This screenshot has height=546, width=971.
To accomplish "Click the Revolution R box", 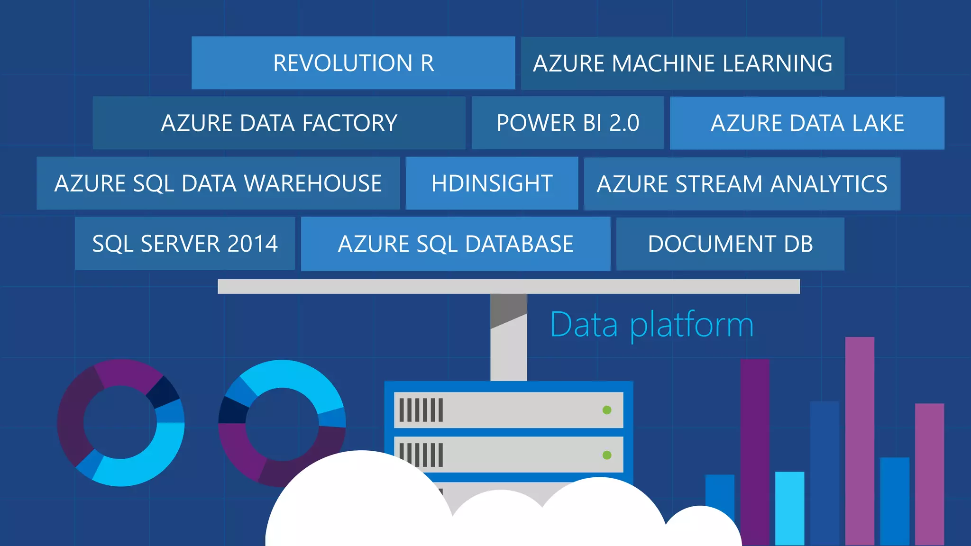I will tap(353, 63).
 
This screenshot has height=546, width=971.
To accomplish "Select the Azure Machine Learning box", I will tap(682, 64).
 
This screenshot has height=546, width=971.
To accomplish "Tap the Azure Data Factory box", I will tap(279, 123).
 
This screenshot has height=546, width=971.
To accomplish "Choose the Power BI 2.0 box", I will tap(568, 123).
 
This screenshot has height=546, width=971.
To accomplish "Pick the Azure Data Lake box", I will tap(807, 123).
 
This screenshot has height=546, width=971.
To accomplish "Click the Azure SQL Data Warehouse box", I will tap(218, 183).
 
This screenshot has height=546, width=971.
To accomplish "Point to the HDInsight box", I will tap(492, 183).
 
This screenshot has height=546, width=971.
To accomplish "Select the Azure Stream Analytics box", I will tap(742, 184).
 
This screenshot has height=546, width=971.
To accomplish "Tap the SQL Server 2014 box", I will tap(185, 244).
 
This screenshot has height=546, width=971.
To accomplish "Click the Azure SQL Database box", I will tap(455, 244).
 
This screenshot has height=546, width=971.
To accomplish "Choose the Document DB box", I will tap(730, 244).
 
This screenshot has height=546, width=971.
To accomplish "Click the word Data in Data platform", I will tap(584, 325).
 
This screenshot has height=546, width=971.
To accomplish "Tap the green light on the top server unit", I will tap(607, 410).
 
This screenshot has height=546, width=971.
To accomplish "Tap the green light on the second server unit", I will tap(607, 455).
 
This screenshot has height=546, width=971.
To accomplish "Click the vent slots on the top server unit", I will tap(421, 410).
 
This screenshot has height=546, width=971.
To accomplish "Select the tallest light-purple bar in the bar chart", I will tap(860, 441).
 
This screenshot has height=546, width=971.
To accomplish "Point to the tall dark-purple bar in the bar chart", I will tap(755, 450).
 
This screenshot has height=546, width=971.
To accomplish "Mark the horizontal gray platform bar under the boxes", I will tap(508, 286).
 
